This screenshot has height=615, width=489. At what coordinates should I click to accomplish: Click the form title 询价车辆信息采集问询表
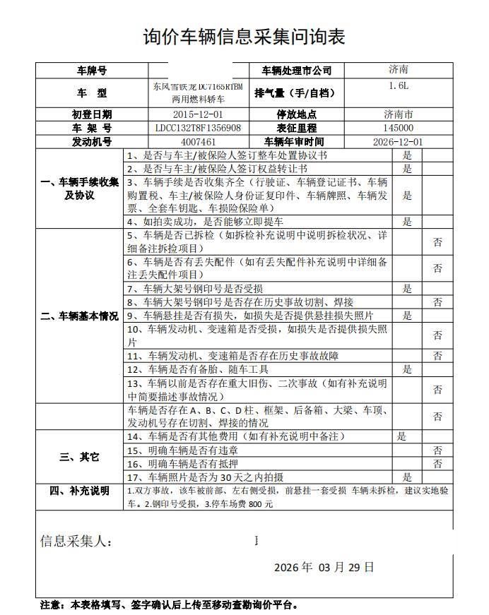click(244, 37)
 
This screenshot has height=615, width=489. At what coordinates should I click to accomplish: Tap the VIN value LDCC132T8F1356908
click(198, 128)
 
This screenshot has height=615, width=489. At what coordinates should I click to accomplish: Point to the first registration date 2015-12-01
click(198, 114)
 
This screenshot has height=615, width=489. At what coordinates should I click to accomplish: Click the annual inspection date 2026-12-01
click(398, 141)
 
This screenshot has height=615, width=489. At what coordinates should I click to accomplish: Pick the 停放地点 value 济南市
click(398, 114)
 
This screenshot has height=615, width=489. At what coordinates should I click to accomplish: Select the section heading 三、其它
click(80, 457)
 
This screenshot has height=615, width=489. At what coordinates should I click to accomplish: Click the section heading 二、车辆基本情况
click(80, 316)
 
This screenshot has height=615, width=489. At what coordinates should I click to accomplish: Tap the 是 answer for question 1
click(407, 155)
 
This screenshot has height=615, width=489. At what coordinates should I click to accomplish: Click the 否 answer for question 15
click(437, 450)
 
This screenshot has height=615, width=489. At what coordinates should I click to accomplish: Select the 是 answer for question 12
click(407, 369)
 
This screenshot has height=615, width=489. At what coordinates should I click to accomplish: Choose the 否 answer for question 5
click(437, 242)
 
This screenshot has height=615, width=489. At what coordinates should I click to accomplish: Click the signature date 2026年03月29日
click(324, 567)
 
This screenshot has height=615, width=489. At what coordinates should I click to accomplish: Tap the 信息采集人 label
click(76, 542)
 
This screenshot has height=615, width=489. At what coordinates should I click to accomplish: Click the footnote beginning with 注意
click(169, 604)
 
